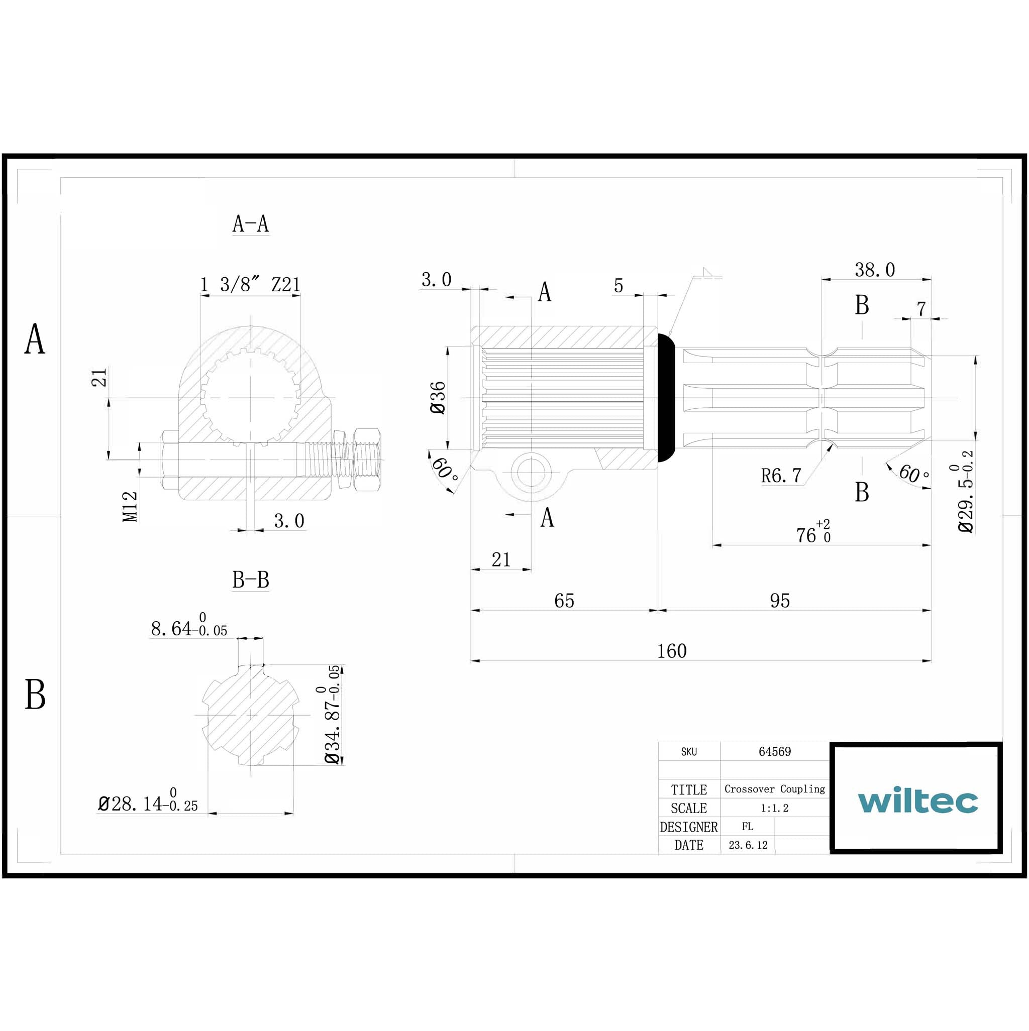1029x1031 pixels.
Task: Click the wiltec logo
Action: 917,800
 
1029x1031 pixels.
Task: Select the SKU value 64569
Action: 774,751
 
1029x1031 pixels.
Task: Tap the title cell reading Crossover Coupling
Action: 774,789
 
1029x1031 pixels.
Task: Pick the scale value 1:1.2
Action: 774,808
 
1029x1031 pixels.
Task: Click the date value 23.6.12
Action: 748,845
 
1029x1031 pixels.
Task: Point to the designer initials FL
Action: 747,827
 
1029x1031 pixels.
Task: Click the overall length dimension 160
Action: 671,651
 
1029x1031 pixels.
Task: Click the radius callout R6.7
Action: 781,476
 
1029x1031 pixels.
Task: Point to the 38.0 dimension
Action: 874,270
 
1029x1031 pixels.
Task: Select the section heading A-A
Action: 250,224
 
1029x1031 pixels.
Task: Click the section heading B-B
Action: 250,580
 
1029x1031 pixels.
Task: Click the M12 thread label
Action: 130,506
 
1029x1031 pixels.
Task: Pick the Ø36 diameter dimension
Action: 438,398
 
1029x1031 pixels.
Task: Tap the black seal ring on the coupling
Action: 666,398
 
